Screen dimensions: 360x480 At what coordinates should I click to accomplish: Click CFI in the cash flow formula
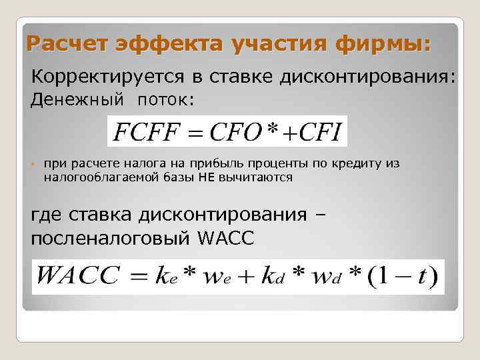317,133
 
